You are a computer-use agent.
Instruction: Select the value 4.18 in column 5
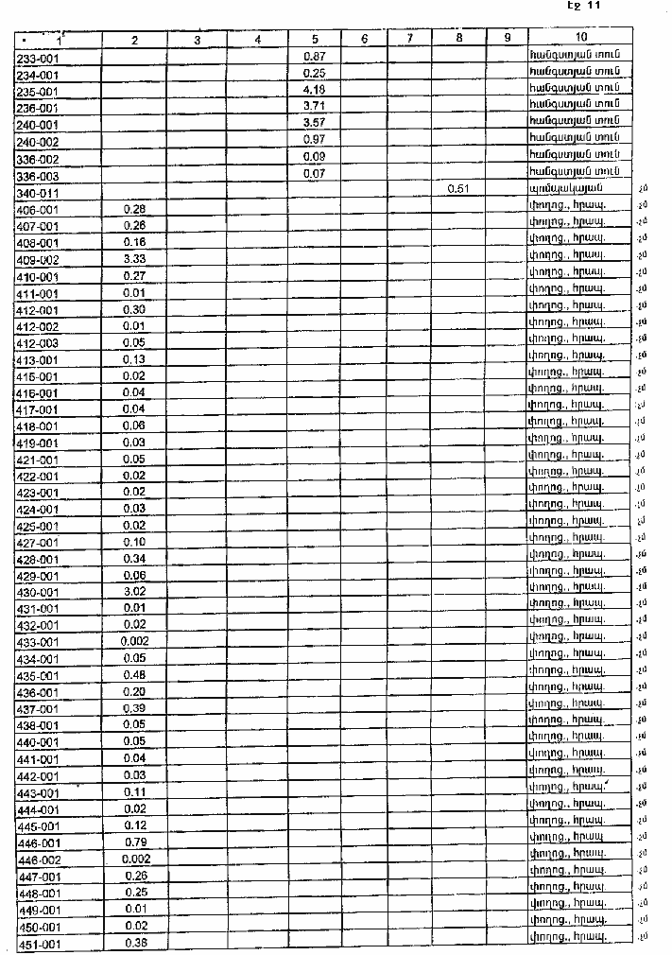(x=314, y=90)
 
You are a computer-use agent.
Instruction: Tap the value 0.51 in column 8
(x=458, y=189)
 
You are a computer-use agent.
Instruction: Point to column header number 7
(x=409, y=39)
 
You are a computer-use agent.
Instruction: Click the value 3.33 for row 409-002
(x=133, y=258)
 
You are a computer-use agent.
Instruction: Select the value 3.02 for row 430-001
(x=133, y=591)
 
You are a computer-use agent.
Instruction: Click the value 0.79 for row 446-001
(x=133, y=842)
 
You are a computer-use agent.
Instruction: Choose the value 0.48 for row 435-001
(x=133, y=675)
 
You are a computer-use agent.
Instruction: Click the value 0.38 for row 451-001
(x=133, y=943)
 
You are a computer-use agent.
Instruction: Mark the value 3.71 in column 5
(x=314, y=107)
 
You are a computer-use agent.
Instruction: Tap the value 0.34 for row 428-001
(x=133, y=558)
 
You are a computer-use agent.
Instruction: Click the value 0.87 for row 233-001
(x=314, y=57)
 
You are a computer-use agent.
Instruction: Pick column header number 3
(x=196, y=40)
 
